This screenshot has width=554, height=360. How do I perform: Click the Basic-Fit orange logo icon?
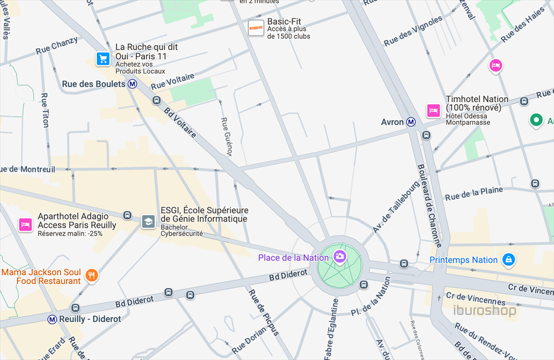coord(256,28)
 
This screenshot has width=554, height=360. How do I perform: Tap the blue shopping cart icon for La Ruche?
coord(103,59)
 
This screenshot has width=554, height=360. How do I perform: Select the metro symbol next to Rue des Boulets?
coord(133,84)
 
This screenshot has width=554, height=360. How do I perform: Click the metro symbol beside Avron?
coord(411,122)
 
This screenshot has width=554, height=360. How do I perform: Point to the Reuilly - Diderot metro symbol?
coord(52,319)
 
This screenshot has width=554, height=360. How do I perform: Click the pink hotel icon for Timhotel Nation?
coord(433,111)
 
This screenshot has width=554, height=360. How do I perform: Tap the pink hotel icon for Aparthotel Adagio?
coord(24,224)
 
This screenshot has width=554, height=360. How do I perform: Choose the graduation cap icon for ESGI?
coord(148,222)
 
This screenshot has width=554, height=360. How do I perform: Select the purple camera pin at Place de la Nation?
coord(340,256)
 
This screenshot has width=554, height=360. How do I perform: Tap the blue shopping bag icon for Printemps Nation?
coord(508,260)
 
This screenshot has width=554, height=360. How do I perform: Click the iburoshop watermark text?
coord(484,310)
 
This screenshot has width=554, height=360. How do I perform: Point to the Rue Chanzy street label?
coord(56,47)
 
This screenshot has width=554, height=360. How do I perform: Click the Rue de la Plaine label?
coord(473,193)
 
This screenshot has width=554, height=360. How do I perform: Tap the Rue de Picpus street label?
coord(263,312)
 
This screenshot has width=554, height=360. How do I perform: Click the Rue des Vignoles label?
coord(413,31)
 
